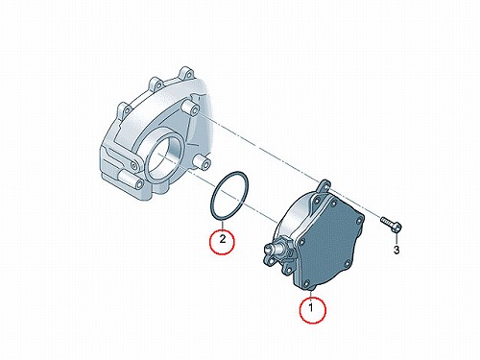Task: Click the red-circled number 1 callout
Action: (x=312, y=310)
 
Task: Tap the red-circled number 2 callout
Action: (x=222, y=241)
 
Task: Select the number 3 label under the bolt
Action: (x=396, y=250)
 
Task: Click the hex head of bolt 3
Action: (x=396, y=228)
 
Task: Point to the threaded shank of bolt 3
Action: (x=387, y=221)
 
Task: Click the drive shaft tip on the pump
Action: (x=269, y=248)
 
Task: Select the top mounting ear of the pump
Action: (x=324, y=185)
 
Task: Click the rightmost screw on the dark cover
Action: (x=361, y=220)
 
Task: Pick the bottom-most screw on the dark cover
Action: (x=307, y=283)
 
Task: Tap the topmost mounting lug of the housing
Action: (x=187, y=74)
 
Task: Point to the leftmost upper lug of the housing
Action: (x=124, y=108)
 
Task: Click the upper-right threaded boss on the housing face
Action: (x=190, y=108)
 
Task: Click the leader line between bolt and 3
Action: (x=396, y=239)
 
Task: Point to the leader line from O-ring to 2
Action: (x=222, y=225)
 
